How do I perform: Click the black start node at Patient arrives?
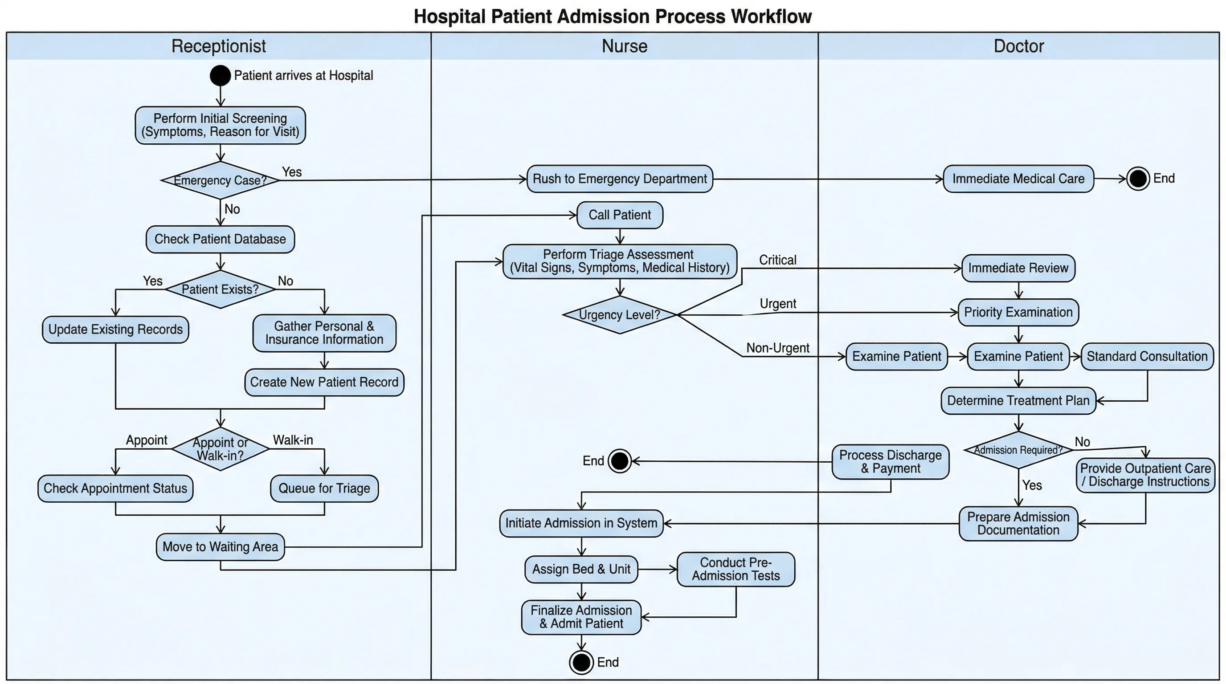click(x=220, y=76)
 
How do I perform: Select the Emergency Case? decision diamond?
click(x=220, y=180)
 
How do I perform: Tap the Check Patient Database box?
click(x=220, y=239)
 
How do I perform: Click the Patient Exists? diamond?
click(x=220, y=289)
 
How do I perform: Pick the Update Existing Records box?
click(x=115, y=330)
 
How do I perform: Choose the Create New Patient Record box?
click(x=324, y=383)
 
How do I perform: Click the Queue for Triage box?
click(x=324, y=489)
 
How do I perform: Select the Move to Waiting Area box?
click(x=220, y=547)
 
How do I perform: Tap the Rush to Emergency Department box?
click(x=619, y=179)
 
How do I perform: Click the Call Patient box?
click(x=619, y=215)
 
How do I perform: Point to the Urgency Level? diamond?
click(x=619, y=315)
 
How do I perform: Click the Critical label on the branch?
click(x=777, y=260)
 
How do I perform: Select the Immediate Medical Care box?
click(x=1018, y=179)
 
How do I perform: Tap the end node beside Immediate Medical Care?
click(x=1138, y=179)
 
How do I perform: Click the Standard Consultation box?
click(x=1147, y=357)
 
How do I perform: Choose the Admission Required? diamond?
click(x=1018, y=450)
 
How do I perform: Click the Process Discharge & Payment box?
click(x=890, y=462)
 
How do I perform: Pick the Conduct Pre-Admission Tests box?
click(x=736, y=570)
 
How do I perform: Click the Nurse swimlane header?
click(x=624, y=46)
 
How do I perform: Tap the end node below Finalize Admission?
click(x=581, y=662)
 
